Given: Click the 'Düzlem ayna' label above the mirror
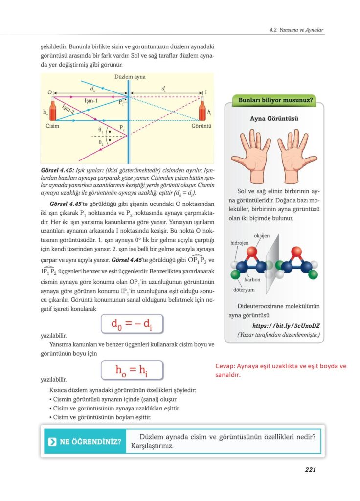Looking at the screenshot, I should pos(130,77).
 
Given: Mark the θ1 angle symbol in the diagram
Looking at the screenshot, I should pos(101,130).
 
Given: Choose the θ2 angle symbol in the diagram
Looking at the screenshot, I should pos(101,142).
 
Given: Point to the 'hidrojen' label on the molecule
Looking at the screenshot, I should pos(240,243).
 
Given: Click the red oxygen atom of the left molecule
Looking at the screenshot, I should pos(251,252).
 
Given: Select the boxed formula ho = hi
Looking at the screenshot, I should pos(132,370).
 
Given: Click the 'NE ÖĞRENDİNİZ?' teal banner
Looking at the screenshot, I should pos(84,441).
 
